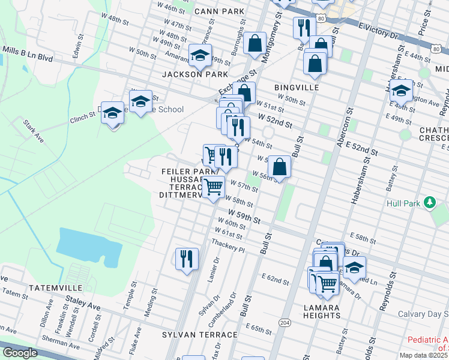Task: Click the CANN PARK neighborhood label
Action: pos(219,11)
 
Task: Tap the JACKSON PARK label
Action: pos(195,74)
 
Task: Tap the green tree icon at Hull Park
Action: pos(429,203)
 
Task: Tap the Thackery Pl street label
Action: pos(229,245)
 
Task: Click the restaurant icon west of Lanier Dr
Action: pos(187,259)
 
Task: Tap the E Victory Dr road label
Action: pos(378,29)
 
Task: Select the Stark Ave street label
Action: pos(34,130)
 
